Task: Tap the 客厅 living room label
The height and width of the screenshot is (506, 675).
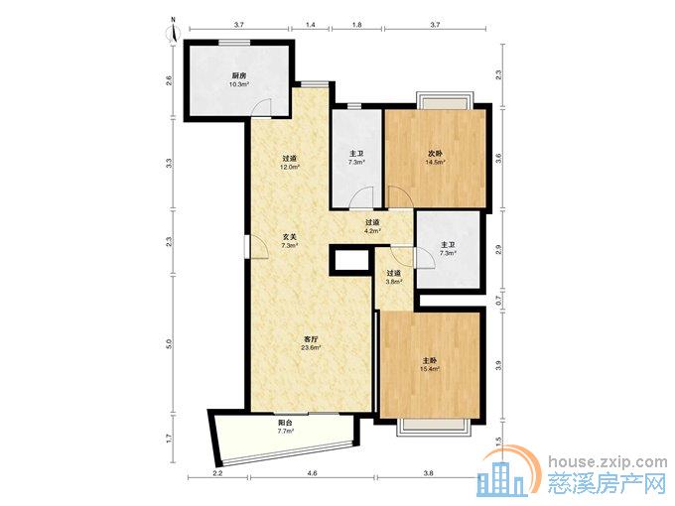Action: [312, 339]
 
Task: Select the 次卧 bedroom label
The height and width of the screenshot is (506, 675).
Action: [435, 154]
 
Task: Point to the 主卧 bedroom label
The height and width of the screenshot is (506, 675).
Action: [430, 360]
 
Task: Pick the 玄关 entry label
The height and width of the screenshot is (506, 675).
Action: [289, 237]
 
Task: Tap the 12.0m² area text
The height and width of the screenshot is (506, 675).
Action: [290, 167]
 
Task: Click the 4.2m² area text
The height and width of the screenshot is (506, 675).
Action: [372, 230]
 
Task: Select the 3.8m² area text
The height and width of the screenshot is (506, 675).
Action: [394, 282]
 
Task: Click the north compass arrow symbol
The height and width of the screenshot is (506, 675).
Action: [174, 30]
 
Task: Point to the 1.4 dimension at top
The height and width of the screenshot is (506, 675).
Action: [311, 25]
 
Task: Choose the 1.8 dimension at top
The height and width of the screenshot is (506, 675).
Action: [357, 25]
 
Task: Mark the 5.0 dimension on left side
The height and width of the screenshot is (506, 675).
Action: [169, 344]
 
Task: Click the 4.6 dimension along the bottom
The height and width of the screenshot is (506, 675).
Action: [312, 473]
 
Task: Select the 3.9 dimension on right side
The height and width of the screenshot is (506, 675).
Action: [499, 366]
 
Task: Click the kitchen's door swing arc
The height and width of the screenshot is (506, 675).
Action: [261, 106]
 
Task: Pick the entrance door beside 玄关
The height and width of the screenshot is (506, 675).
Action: [257, 246]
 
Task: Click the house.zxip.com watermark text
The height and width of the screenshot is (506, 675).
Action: [607, 461]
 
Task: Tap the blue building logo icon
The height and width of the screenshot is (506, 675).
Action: [501, 479]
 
